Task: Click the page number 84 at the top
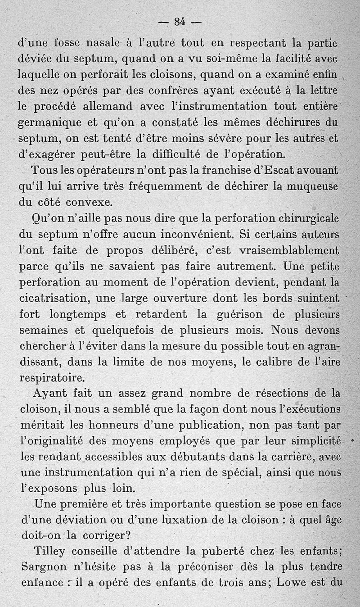(180, 21)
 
